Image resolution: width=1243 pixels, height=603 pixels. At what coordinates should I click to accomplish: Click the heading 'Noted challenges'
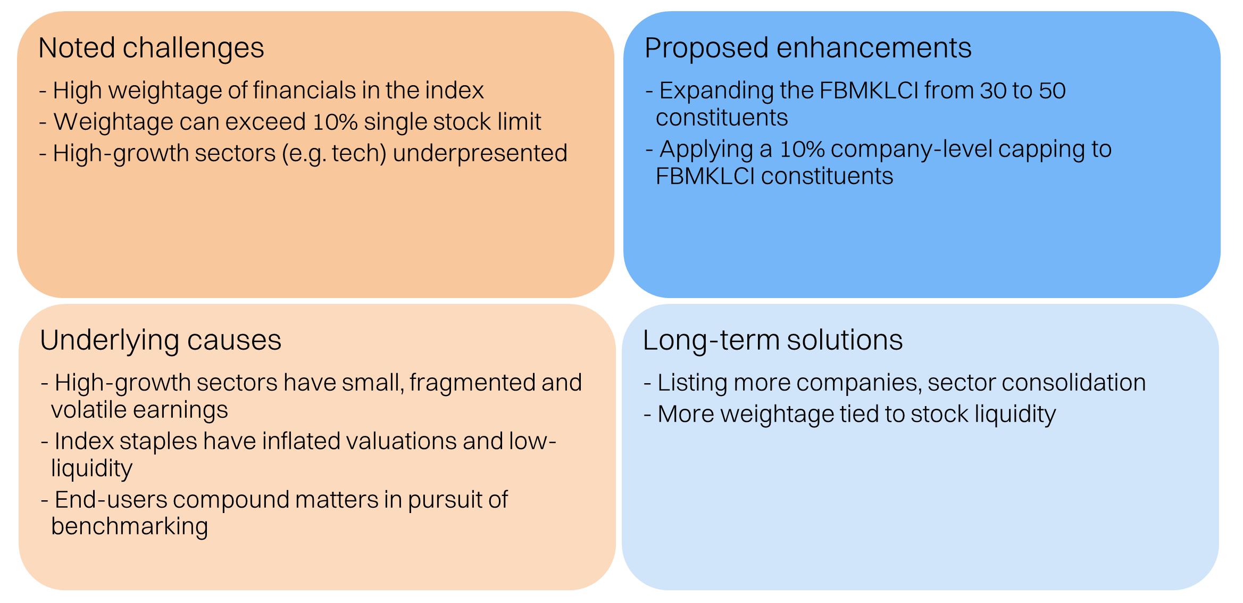point(151,48)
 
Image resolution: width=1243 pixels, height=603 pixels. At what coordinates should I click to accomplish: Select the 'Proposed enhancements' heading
point(807,48)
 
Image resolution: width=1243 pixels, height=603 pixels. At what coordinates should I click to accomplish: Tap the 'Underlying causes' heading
point(160,340)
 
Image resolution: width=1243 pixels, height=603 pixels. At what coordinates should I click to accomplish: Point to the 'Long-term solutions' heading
point(772,340)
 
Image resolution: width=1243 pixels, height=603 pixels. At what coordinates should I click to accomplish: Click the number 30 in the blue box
point(993,90)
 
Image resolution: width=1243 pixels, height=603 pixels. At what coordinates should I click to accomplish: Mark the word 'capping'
point(1042,150)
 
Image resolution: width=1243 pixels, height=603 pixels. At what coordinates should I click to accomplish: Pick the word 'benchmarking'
point(129,527)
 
